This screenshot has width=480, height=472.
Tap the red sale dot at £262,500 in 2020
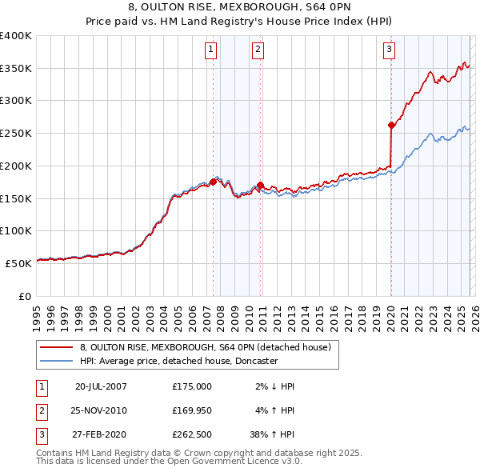[x=391, y=125]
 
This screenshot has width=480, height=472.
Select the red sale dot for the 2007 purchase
[x=214, y=182]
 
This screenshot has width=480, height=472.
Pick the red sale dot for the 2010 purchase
[x=261, y=185]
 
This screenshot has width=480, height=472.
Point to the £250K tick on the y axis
[x=16, y=134]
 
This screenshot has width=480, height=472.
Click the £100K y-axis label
[x=16, y=230]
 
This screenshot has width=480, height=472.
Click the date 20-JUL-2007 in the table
[x=101, y=386]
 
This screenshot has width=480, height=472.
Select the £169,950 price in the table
[x=192, y=410]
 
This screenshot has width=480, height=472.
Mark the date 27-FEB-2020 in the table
[x=101, y=435]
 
